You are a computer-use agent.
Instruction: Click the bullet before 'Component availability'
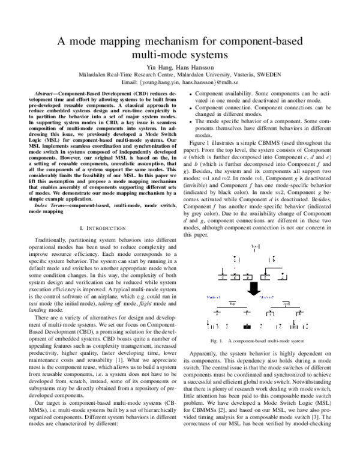click(x=190, y=95)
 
